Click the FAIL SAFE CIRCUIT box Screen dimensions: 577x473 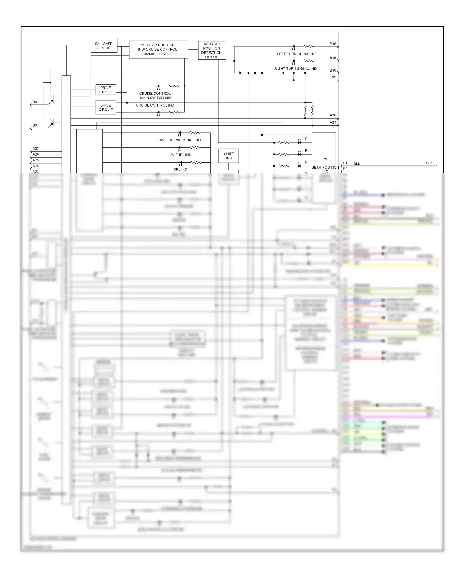[x=104, y=46]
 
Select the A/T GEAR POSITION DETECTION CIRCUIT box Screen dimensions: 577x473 [x=212, y=51]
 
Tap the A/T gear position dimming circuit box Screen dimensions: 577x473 [x=158, y=50]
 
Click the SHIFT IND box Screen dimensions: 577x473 [x=229, y=156]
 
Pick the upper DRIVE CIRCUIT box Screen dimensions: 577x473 [x=106, y=90]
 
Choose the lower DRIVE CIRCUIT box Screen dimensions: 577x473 [x=106, y=107]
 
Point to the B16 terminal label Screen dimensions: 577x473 [x=333, y=44]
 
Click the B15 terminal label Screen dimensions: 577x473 [x=333, y=58]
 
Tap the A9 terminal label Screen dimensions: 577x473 [x=334, y=77]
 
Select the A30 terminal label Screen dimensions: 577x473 [x=333, y=115]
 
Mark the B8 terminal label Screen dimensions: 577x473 [x=35, y=102]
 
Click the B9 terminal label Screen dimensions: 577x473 [x=35, y=125]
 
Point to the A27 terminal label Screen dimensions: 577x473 [x=36, y=149]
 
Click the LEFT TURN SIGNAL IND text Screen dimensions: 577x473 [x=297, y=54]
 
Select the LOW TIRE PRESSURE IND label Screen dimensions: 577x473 [x=178, y=140]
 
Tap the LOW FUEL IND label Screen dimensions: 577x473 [x=179, y=155]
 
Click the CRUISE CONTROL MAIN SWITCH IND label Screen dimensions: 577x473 [x=155, y=96]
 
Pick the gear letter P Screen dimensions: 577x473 [x=306, y=139]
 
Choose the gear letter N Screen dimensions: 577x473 [x=306, y=162]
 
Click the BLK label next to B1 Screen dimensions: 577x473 [x=357, y=164]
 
